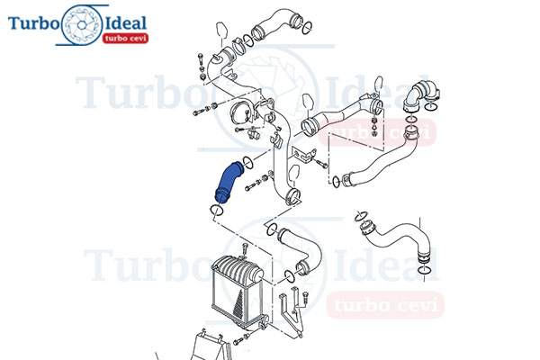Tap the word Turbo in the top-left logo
pyautogui.click(x=33, y=23)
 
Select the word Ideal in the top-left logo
pyautogui.click(x=125, y=23)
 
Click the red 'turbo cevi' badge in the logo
pyautogui.click(x=125, y=38)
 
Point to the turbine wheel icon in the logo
pyautogui.click(x=81, y=25)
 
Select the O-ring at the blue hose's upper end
pyautogui.click(x=248, y=162)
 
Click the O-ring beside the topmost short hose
pyautogui.click(x=307, y=28)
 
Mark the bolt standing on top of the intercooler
pyautogui.click(x=245, y=249)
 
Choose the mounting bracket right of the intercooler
pyautogui.click(x=291, y=310)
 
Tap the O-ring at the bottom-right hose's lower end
pyautogui.click(x=423, y=269)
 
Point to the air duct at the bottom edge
pyautogui.click(x=210, y=346)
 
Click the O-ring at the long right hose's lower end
pyautogui.click(x=336, y=182)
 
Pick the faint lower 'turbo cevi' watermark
pyautogui.click(x=385, y=305)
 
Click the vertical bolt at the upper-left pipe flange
pyautogui.click(x=201, y=66)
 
